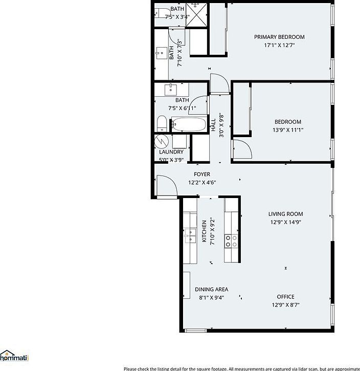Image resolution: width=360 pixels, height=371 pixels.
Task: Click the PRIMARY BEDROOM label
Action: click(279, 37)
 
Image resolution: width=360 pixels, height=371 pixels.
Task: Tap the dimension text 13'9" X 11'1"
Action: click(287, 130)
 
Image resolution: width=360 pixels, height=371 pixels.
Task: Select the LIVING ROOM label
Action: click(285, 214)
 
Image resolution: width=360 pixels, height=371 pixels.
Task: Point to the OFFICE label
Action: click(285, 297)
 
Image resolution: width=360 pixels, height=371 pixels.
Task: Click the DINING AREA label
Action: click(211, 289)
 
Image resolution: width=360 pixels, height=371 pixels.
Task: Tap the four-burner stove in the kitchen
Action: click(231, 241)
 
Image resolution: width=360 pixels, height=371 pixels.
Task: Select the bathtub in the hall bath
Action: click(187, 124)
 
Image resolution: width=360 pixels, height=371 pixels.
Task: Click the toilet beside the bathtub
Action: click(162, 123)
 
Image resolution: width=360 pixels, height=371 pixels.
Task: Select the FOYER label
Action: click(201, 174)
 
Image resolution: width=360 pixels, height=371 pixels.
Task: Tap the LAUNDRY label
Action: click(171, 152)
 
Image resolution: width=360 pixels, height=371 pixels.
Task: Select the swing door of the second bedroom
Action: click(241, 149)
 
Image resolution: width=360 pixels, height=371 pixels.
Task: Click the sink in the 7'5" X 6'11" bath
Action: click(170, 89)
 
